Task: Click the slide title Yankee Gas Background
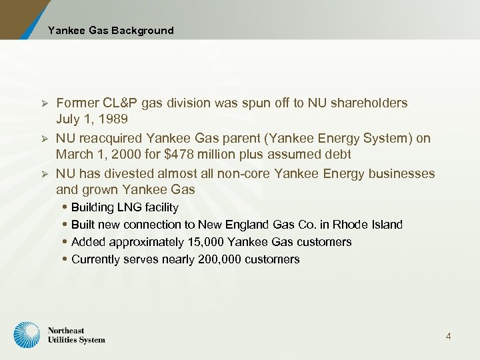[111, 30]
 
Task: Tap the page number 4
[448, 336]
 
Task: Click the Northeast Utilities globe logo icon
[27, 335]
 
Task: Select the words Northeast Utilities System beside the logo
[76, 335]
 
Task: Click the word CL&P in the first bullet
[120, 103]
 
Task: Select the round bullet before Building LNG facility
[64, 207]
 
